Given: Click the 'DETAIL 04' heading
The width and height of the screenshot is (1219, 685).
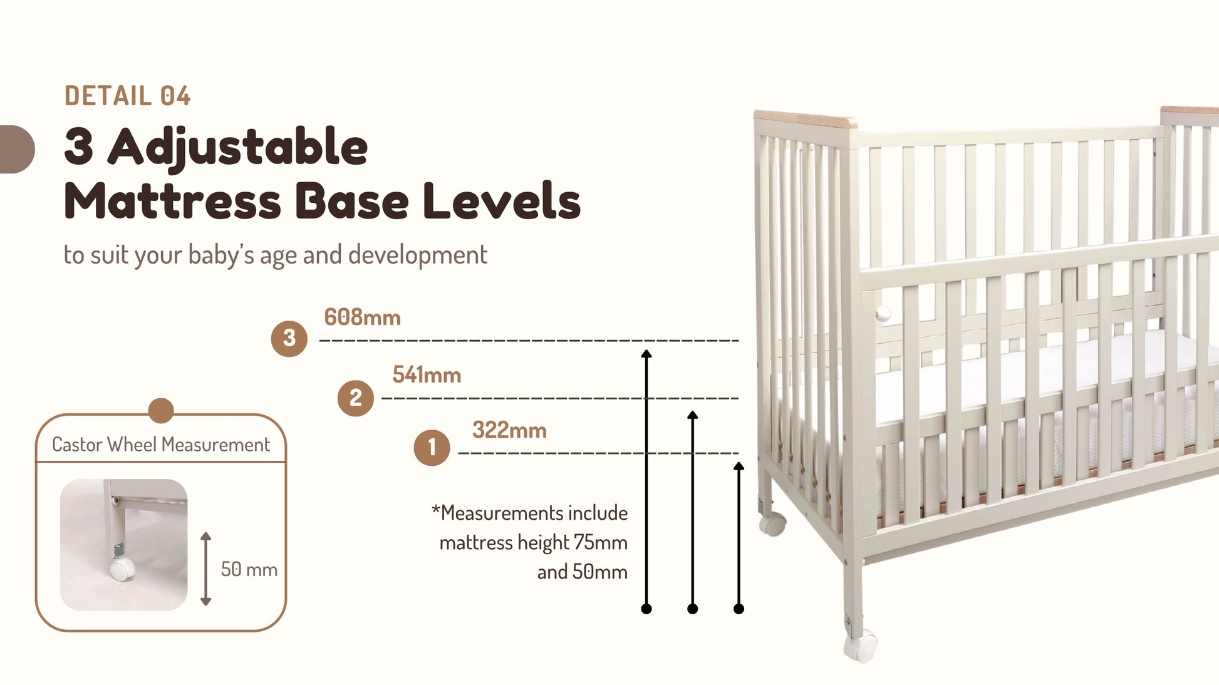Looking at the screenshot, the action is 127,96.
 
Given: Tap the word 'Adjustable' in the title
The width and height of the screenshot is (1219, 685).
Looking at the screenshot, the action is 237,148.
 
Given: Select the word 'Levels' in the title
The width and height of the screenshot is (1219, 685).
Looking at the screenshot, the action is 501,201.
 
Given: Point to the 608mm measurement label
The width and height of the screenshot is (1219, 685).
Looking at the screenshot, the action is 362,317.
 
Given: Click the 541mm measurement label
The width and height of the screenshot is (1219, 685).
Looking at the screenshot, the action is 427,375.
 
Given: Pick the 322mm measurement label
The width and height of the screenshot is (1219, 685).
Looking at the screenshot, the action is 509,430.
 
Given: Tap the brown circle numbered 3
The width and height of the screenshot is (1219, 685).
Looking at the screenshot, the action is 289,339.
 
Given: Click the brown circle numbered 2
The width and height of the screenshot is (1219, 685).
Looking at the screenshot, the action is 355,398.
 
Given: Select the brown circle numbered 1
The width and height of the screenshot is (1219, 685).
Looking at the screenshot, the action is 432,448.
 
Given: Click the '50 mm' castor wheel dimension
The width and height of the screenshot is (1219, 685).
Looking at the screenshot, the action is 249,569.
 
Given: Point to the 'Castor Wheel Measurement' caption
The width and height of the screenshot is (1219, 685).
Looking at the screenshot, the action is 161,445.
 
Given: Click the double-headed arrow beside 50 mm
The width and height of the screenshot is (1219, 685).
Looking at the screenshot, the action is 205,569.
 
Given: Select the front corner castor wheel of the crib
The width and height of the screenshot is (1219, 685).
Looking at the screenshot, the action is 859,647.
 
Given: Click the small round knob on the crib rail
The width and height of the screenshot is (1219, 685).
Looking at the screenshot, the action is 883,312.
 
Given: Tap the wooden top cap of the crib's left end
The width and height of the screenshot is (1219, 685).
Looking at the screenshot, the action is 806,119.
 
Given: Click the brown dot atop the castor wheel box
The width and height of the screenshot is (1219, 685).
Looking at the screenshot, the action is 161,411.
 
